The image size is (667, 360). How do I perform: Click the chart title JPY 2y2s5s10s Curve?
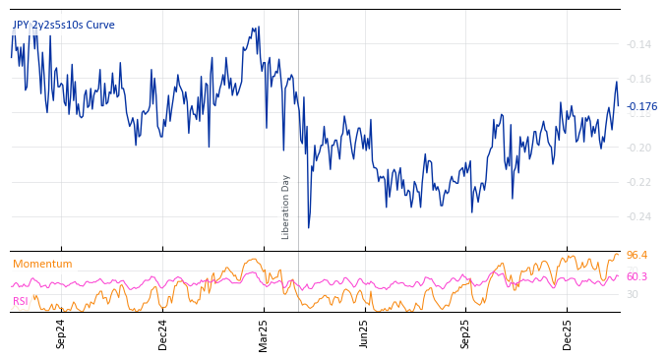[63, 25]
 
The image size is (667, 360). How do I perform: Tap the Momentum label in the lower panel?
[42, 264]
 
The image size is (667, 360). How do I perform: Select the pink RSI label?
[21, 301]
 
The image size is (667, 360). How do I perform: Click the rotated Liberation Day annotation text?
[286, 207]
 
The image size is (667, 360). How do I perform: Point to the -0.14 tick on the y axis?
[638, 44]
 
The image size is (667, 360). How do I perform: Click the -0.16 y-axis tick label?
[638, 79]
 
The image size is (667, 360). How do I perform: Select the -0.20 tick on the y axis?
[638, 148]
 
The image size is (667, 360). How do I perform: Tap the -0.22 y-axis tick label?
[638, 182]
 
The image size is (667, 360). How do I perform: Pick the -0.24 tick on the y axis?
[638, 216]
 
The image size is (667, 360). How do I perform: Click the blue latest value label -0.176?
[641, 106]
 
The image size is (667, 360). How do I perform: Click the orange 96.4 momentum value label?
[637, 256]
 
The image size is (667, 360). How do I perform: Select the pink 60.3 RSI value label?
[637, 276]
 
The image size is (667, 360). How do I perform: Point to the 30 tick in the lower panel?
[633, 294]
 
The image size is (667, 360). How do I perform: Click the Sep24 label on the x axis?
[61, 332]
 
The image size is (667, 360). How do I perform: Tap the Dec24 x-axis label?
[163, 332]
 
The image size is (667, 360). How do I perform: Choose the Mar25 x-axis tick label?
[264, 332]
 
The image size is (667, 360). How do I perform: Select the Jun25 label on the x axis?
[364, 332]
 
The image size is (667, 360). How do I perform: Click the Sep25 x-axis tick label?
[466, 332]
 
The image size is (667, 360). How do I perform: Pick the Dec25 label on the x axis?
[568, 332]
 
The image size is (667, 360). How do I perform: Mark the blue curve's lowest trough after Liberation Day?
[308, 228]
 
